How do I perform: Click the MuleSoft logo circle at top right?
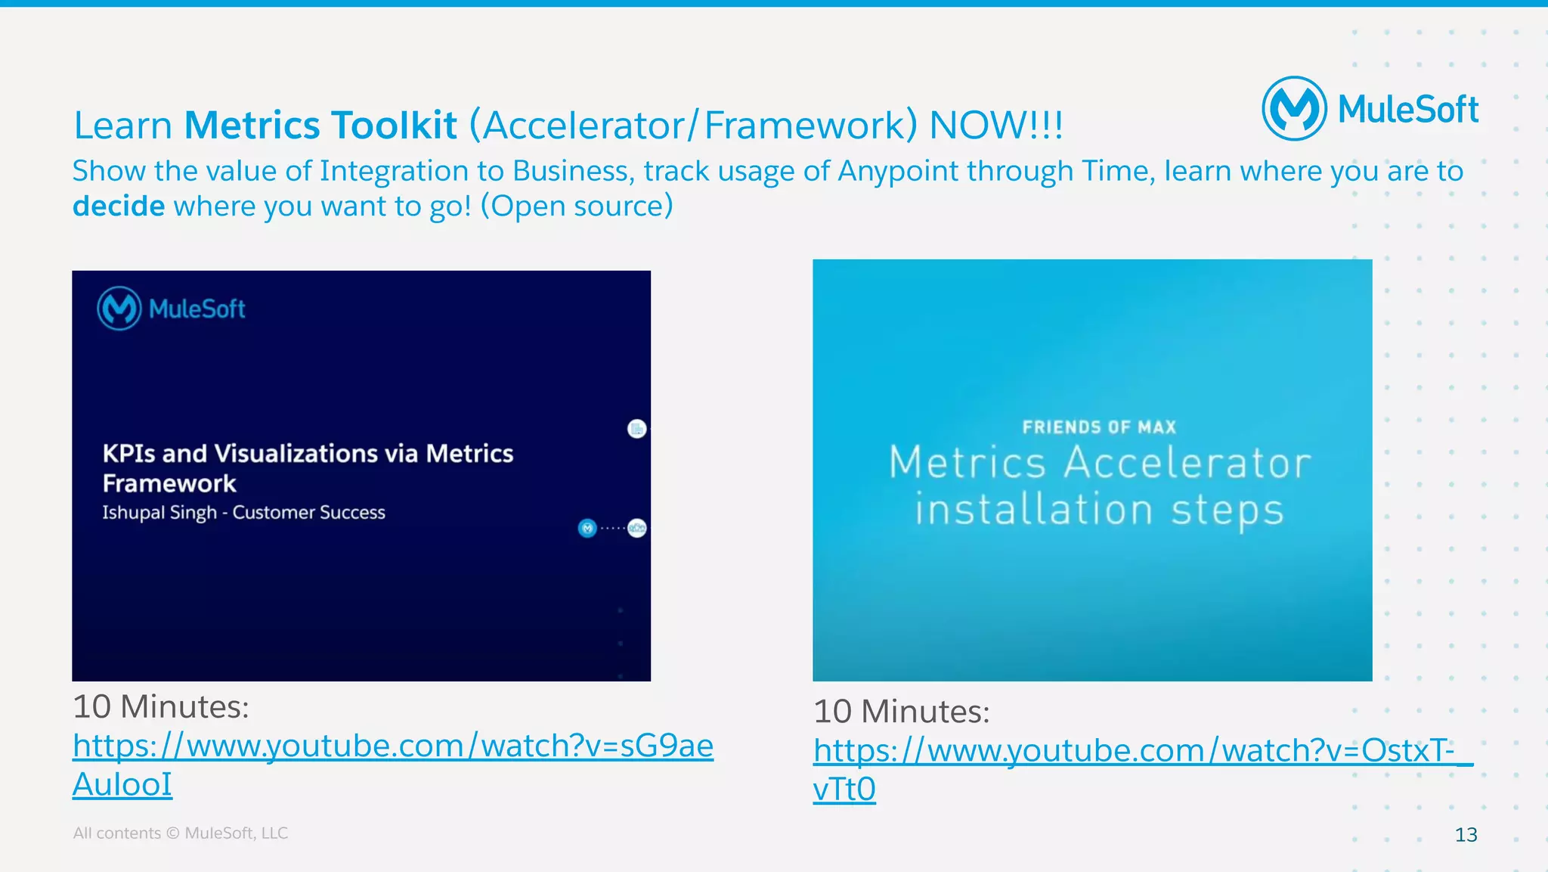pyautogui.click(x=1293, y=109)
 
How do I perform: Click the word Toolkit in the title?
pyautogui.click(x=394, y=125)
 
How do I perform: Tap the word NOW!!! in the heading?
pyautogui.click(x=995, y=125)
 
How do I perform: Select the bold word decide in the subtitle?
pyautogui.click(x=119, y=206)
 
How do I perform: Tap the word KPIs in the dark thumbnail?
pyautogui.click(x=128, y=453)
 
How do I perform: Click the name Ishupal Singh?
pyautogui.click(x=159, y=512)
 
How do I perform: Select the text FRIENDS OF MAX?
pyautogui.click(x=1099, y=427)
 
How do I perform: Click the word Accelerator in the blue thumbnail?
pyautogui.click(x=1187, y=463)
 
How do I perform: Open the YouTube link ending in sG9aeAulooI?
pyautogui.click(x=392, y=746)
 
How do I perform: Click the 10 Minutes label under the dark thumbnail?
pyautogui.click(x=160, y=707)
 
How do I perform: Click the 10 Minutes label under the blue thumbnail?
pyautogui.click(x=901, y=712)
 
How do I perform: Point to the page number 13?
pyautogui.click(x=1466, y=834)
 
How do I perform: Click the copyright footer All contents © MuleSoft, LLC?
pyautogui.click(x=180, y=833)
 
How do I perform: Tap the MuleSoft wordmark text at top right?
pyautogui.click(x=1407, y=110)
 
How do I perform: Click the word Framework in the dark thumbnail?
pyautogui.click(x=169, y=483)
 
